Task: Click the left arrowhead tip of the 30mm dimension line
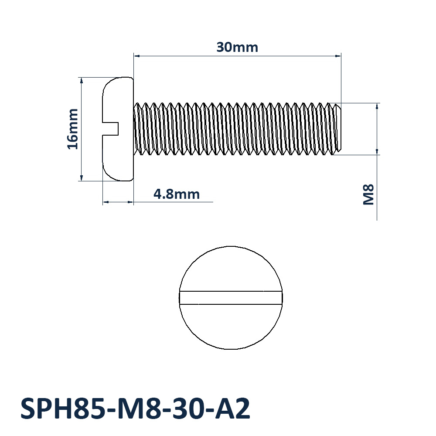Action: click(x=134, y=56)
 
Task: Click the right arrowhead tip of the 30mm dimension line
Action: click(x=341, y=56)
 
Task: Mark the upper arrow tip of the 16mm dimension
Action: click(x=82, y=78)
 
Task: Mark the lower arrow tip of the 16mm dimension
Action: click(x=82, y=181)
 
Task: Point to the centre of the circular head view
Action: click(x=231, y=297)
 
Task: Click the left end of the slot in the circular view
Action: click(x=179, y=298)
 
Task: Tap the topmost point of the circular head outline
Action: click(x=231, y=246)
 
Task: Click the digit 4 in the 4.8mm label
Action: click(x=158, y=194)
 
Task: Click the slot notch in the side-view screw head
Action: click(x=111, y=129)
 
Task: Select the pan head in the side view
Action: click(x=118, y=129)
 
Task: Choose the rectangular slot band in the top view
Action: click(x=231, y=298)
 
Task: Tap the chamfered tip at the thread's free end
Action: click(x=337, y=129)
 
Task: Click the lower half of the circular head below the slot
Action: click(x=231, y=327)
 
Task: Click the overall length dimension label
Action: click(x=237, y=47)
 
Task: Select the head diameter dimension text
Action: click(x=73, y=129)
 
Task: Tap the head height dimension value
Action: click(x=177, y=194)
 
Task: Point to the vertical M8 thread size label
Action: click(x=369, y=194)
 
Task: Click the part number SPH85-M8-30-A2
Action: click(x=136, y=408)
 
